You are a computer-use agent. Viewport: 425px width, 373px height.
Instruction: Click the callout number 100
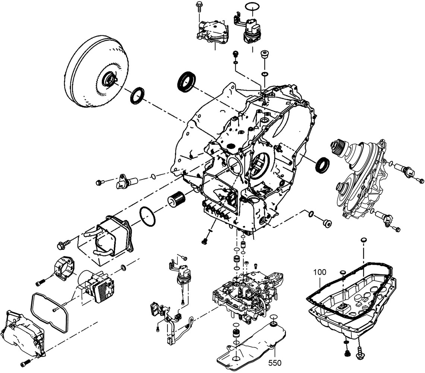pyautogui.click(x=320, y=272)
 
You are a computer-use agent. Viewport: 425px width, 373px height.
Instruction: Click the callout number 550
pyautogui.click(x=274, y=363)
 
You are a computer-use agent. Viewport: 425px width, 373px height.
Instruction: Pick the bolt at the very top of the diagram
pyautogui.click(x=198, y=6)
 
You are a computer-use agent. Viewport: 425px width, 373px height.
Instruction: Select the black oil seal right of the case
pyautogui.click(x=322, y=164)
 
